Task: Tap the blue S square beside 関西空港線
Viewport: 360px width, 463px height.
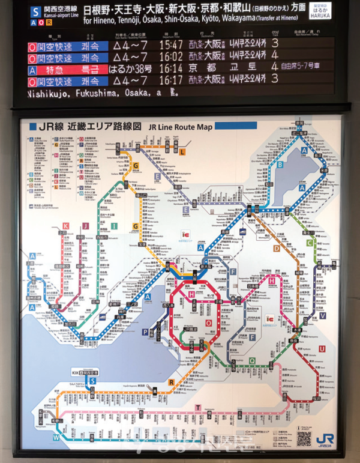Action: point(35,11)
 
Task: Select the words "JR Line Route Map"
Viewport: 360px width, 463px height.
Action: point(171,127)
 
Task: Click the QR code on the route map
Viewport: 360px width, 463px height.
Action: point(304,438)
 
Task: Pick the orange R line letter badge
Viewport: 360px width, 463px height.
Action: point(171,381)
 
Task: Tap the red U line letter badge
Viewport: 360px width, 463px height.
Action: point(322,349)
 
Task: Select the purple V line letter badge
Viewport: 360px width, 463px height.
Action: point(323,316)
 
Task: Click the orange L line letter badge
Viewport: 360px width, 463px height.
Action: point(182,152)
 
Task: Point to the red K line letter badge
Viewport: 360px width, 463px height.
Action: point(66,226)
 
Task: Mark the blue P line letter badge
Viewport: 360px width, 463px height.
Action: point(145,331)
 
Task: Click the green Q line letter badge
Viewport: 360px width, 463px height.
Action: point(252,361)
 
